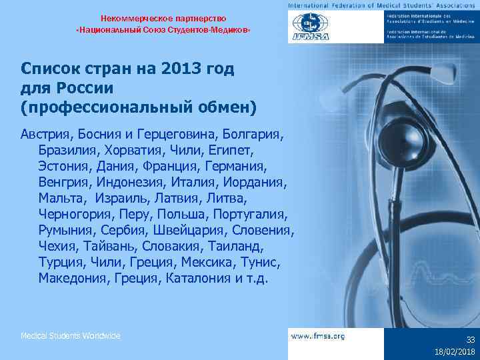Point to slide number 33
(470, 339)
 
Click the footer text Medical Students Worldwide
(71, 335)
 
